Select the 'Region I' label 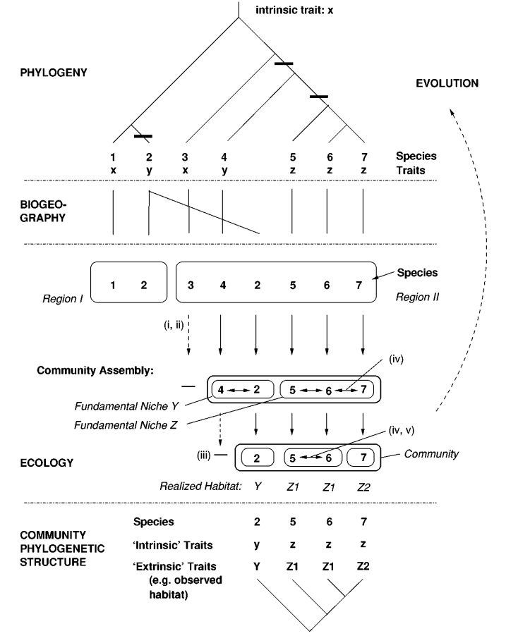tap(61, 298)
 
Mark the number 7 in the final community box tap(363, 457)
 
